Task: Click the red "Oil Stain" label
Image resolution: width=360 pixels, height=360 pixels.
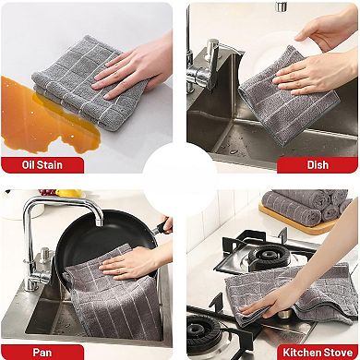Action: pos(43,166)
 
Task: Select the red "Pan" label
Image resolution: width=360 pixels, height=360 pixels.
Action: pos(42,352)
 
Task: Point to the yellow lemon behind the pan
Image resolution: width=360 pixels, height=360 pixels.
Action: pos(68,194)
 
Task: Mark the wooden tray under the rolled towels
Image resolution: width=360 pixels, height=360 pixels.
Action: pos(277,222)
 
